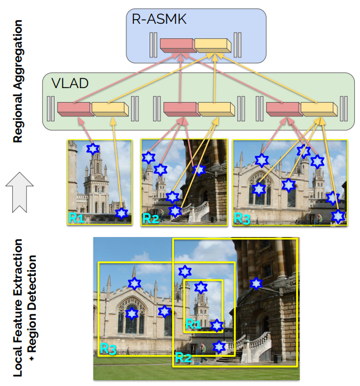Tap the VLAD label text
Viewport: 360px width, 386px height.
coord(70,83)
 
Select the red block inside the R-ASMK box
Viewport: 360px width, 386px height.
coord(177,44)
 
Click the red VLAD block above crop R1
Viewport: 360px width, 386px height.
coord(74,108)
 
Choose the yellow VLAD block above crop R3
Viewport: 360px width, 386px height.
coord(318,108)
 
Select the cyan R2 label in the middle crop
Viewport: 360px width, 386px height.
coord(151,219)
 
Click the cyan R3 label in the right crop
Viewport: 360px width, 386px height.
coord(242,217)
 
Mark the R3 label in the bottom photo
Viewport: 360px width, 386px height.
coord(108,348)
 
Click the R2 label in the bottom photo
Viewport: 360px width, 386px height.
coord(183,358)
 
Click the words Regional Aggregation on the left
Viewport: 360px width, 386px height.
coord(18,81)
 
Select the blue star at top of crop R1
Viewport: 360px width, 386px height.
coord(93,148)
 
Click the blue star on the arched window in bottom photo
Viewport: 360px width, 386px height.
coord(132,314)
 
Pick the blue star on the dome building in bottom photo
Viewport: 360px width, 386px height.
coord(255,283)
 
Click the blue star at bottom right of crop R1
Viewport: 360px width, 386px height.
coord(121,213)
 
